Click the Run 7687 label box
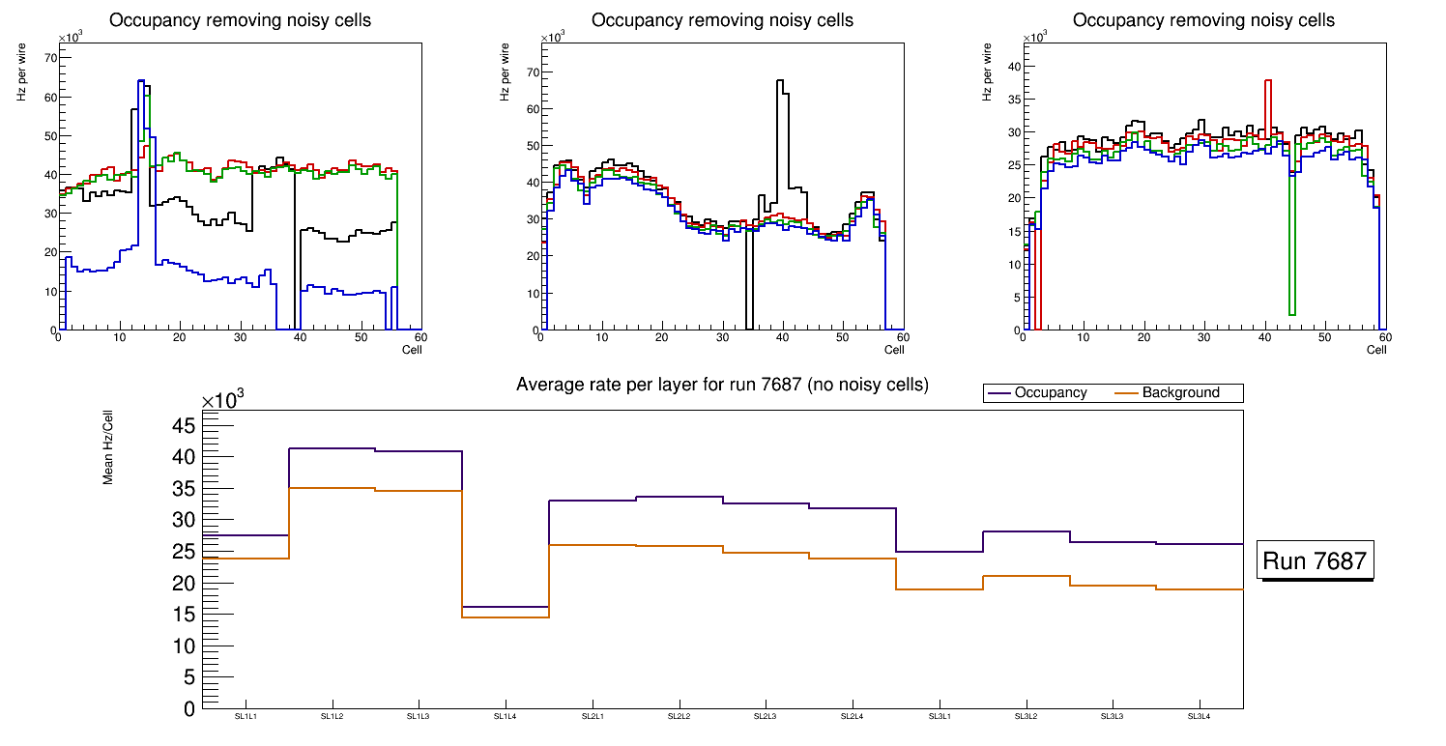coord(1316,559)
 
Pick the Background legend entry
coord(1179,393)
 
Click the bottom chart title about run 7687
coord(722,385)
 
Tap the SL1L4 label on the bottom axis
coord(506,716)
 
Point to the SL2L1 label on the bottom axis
coord(592,716)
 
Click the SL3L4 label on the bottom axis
coord(1199,716)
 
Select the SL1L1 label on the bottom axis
coord(246,716)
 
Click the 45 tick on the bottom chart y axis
coord(185,426)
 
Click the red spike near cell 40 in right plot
coord(1267,81)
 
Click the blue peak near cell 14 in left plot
coord(141,81)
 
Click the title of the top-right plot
coord(1203,20)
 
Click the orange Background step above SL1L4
coord(506,617)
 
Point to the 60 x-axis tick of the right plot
coord(1384,337)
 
